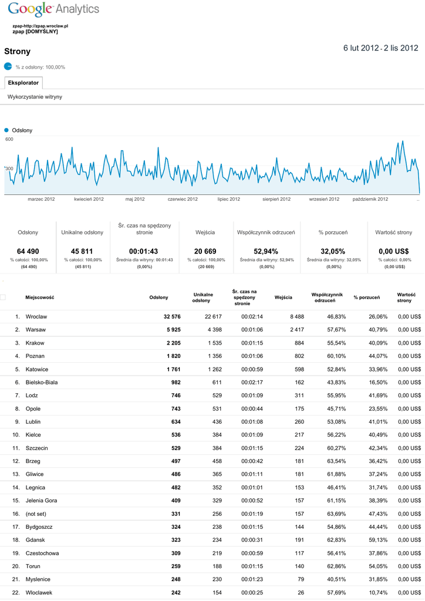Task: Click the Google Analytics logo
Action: point(53,9)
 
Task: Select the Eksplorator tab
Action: point(23,83)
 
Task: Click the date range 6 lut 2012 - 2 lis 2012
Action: point(380,48)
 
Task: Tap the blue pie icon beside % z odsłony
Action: point(8,66)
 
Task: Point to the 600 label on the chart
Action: point(9,139)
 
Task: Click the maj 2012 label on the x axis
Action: point(135,199)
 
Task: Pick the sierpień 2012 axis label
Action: point(276,199)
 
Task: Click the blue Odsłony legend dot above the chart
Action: point(7,130)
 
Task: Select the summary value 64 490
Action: point(28,251)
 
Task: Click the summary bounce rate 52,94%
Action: point(266,251)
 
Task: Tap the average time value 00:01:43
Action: point(144,251)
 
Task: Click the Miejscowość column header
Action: point(40,298)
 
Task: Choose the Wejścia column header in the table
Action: point(283,298)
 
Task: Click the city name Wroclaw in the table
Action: point(36,316)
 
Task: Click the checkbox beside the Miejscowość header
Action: point(3,298)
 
